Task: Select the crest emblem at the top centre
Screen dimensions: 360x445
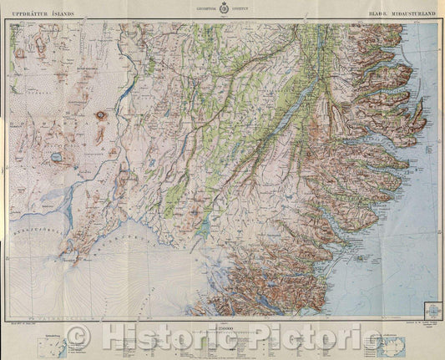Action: coord(222,13)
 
